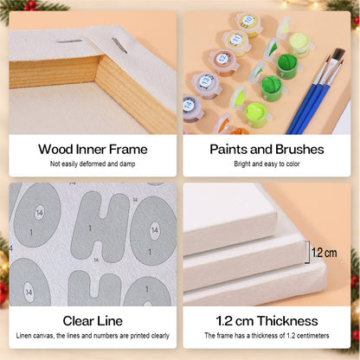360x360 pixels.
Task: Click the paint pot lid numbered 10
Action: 247,21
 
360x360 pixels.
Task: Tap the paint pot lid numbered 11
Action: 236,39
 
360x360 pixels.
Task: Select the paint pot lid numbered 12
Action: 222,59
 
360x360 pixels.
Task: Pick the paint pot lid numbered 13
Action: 206,80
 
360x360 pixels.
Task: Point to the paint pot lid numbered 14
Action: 189,106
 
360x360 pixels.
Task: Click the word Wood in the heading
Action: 55,150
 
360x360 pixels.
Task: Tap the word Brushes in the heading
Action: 299,150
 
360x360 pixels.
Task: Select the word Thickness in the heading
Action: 287,321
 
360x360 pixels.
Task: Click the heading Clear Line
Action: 93,321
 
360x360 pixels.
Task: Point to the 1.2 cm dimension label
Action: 325,253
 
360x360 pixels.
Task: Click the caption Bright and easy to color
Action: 267,164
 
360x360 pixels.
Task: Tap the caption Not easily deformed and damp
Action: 93,164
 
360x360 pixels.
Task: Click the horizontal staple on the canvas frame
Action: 69,42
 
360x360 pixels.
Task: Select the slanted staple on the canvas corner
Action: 119,45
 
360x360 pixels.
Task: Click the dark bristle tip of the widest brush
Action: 338,55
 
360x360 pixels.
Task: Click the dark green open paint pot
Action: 286,65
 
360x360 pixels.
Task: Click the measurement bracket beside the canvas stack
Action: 307,253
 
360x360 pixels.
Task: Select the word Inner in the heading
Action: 91,150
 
